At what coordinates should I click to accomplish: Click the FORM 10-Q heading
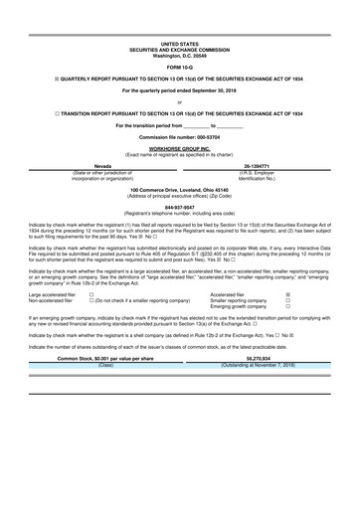tap(180, 67)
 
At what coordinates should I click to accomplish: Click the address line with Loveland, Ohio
tap(180, 189)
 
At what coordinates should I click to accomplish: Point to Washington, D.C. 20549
tap(180, 54)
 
